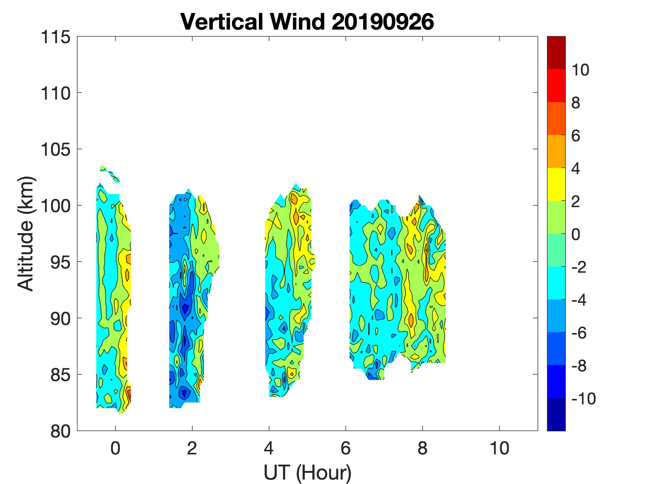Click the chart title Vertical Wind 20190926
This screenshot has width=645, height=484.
307,22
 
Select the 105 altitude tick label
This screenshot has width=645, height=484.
56,150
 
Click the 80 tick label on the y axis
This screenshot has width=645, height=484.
60,431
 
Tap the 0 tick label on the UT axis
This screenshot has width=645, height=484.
116,448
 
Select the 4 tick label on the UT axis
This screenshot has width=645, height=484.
269,448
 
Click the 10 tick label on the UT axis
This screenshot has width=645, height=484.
500,448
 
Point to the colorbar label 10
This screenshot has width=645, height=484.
580,70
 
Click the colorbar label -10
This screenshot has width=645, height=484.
583,399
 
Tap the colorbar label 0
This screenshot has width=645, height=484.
576,234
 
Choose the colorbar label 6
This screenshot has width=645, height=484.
576,136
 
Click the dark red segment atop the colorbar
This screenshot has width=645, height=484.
556,53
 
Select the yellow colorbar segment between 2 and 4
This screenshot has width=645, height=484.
556,184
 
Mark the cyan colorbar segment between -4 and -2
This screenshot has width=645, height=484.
556,283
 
